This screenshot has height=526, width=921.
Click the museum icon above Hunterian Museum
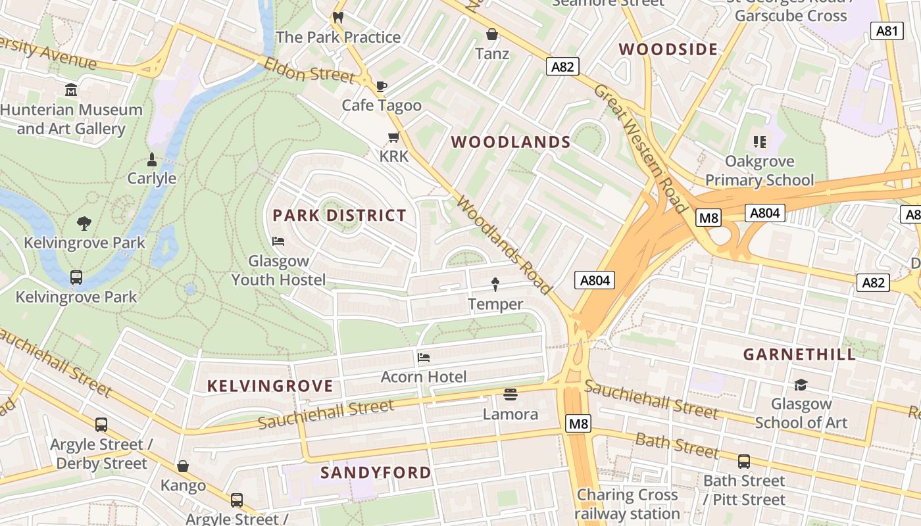(x=71, y=89)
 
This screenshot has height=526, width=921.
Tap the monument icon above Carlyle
(x=152, y=159)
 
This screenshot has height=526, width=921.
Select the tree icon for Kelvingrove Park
(x=84, y=224)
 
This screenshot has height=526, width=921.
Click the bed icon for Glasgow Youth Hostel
(x=278, y=241)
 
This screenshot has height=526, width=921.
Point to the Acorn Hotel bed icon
(x=424, y=358)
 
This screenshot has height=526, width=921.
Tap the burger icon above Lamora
(x=510, y=394)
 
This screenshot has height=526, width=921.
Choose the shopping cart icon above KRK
(x=393, y=137)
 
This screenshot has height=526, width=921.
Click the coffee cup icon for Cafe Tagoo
(x=381, y=86)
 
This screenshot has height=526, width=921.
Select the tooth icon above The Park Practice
(x=338, y=18)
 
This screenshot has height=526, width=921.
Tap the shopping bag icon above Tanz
(x=491, y=34)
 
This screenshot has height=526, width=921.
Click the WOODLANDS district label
(x=510, y=142)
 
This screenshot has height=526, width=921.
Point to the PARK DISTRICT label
(x=339, y=216)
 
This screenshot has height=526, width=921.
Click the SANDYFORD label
(x=376, y=472)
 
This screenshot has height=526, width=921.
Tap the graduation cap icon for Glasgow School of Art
(x=801, y=385)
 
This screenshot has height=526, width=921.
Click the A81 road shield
(x=887, y=31)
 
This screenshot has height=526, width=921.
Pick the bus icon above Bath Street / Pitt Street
(x=744, y=462)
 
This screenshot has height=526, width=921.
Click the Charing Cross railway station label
(x=627, y=504)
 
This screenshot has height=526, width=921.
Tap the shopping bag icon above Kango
(x=183, y=466)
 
